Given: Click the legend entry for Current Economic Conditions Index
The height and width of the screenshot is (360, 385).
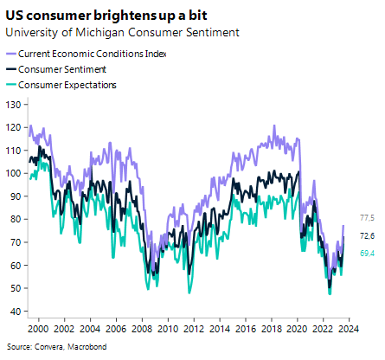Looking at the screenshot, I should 97,54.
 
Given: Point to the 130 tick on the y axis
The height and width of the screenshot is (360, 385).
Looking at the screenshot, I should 14,105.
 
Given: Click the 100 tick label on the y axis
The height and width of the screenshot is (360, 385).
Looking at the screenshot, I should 14,173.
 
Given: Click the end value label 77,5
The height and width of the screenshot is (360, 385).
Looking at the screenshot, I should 366,218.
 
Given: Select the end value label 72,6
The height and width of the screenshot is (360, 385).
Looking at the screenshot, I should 366,235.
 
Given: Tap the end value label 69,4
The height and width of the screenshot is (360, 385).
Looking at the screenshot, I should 366,254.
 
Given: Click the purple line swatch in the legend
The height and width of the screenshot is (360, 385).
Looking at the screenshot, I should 14,54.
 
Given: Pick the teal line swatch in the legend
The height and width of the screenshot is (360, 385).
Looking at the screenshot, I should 14,84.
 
